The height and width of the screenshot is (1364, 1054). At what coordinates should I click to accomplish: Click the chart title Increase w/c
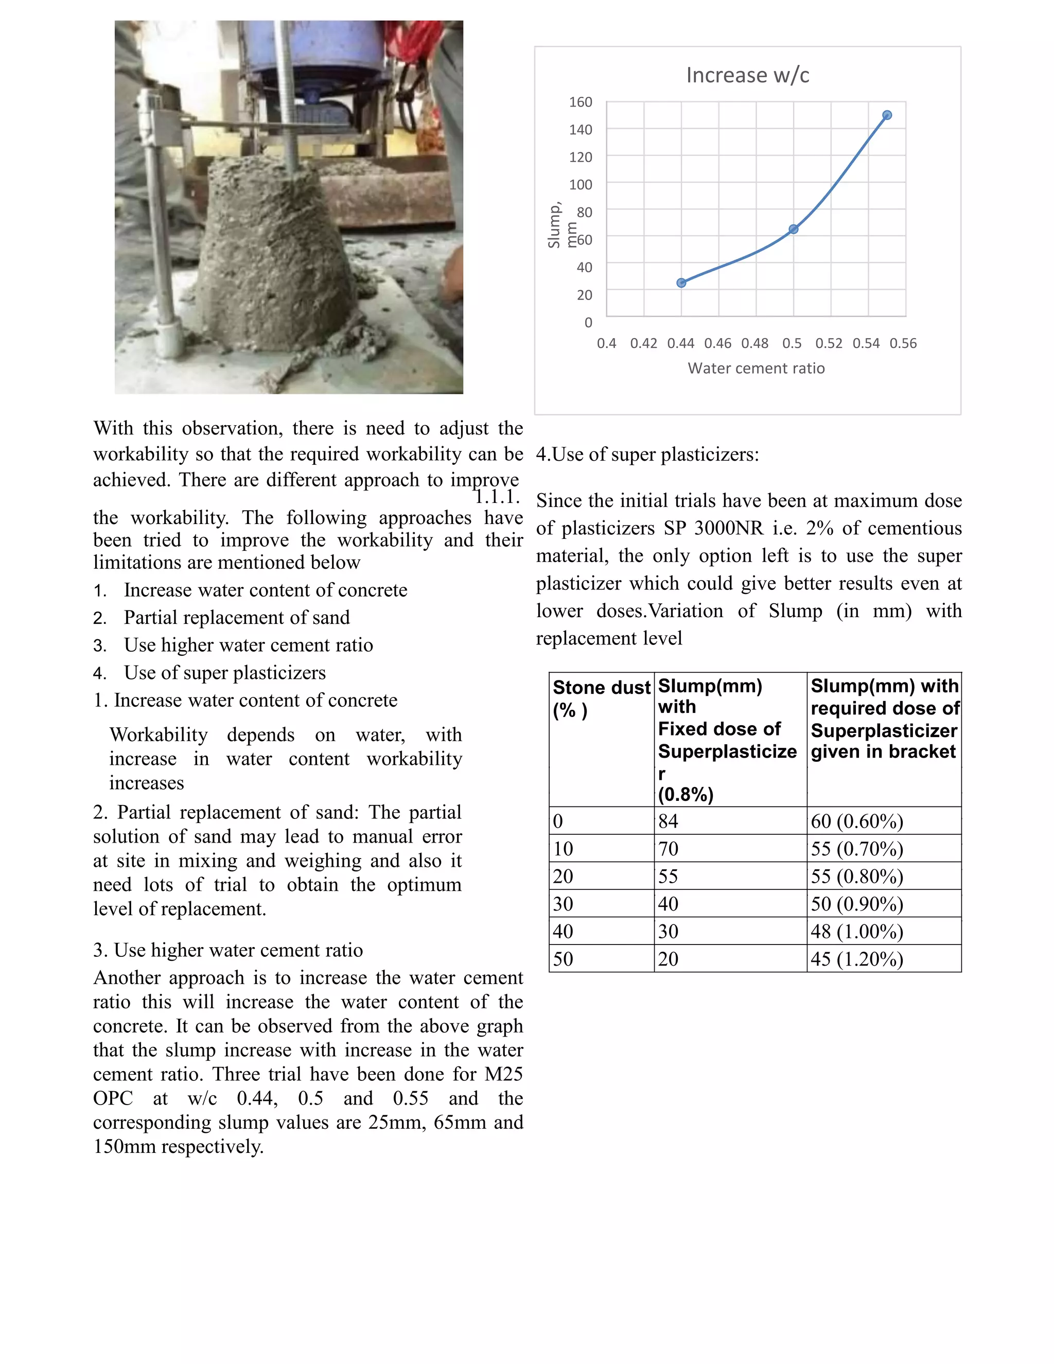pos(747,75)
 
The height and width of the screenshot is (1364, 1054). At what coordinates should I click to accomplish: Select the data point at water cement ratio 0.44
pos(681,283)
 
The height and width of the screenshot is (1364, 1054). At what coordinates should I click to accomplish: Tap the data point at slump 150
pos(887,115)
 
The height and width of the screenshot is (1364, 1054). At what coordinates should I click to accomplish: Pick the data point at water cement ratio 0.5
pos(793,229)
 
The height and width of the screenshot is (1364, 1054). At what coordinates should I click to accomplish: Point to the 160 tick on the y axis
pos(580,102)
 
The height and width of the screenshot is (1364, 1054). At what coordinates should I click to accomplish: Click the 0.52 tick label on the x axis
pos(829,343)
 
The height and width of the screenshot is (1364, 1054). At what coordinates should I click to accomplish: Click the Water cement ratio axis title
pos(756,369)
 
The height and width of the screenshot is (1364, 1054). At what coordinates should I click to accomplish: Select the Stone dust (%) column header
pos(601,698)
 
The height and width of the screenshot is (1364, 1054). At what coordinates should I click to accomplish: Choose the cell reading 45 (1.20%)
pos(857,959)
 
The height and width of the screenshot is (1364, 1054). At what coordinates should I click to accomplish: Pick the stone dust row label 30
pos(563,904)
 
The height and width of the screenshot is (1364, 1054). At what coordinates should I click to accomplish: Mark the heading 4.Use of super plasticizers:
pos(647,454)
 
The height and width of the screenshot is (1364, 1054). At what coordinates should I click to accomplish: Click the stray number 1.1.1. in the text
pos(497,497)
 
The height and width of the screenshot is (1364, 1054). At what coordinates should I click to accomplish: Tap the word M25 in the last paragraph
pos(503,1074)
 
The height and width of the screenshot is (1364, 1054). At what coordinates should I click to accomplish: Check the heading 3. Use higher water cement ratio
pos(228,950)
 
